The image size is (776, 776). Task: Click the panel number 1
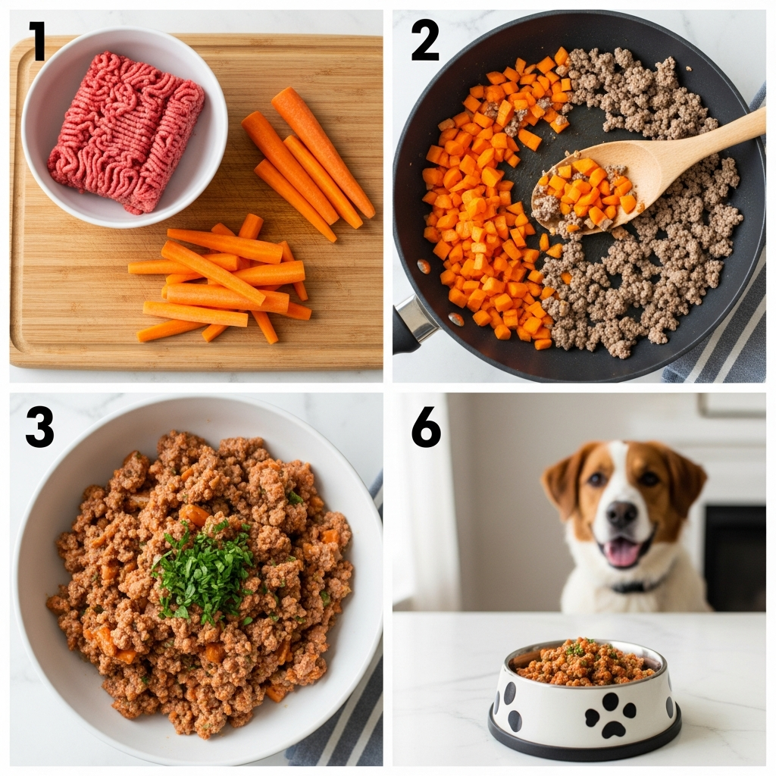point(38,42)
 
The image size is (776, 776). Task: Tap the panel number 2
point(424,42)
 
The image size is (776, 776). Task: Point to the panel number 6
point(426,427)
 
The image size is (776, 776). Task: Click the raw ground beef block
point(127,131)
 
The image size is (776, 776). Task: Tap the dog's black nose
point(621,515)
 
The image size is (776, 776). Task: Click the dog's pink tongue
point(622,552)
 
